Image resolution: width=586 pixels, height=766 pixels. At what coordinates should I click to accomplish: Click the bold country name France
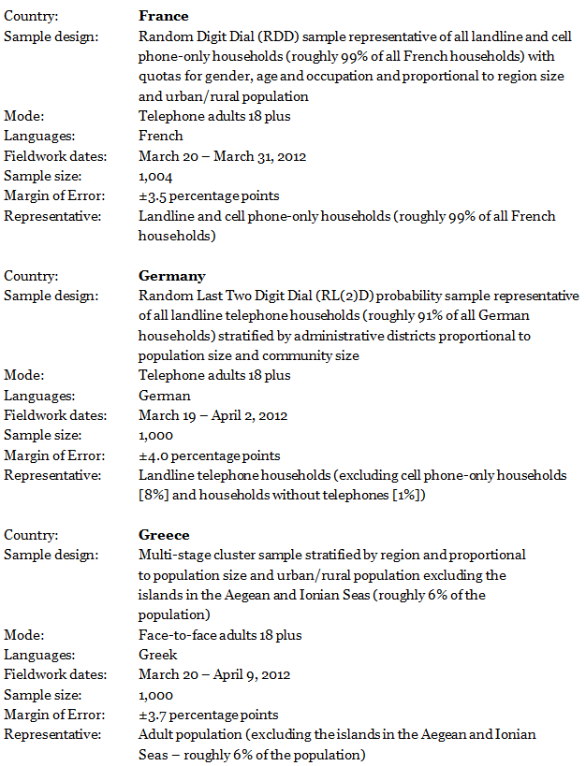163,16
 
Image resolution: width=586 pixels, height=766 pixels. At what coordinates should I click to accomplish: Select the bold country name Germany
171,276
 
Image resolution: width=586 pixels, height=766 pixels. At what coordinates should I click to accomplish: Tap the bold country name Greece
164,535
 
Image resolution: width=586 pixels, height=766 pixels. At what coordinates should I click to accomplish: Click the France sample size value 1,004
155,176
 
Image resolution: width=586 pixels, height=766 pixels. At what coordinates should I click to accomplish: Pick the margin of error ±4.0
154,455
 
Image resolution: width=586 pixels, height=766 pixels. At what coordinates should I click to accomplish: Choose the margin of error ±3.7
154,715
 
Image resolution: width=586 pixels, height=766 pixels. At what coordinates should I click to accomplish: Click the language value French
160,136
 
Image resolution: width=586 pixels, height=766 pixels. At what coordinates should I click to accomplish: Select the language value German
164,396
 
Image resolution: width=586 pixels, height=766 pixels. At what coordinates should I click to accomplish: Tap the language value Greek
158,655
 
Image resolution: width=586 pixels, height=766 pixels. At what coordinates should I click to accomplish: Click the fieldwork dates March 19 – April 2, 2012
212,415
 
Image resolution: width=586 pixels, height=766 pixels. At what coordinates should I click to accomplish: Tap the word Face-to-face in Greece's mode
174,635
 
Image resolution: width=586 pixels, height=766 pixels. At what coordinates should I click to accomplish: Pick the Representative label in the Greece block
52,734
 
